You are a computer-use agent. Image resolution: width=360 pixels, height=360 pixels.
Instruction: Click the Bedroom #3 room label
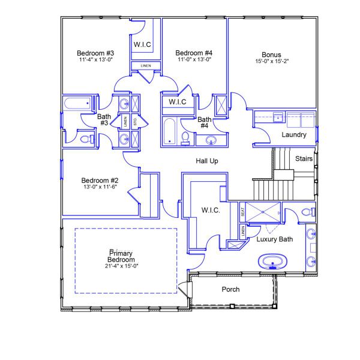pyautogui.click(x=96, y=53)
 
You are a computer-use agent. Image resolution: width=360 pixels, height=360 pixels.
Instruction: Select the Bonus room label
pyautogui.click(x=271, y=55)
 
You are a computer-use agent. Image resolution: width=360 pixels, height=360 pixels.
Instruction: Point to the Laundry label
pyautogui.click(x=294, y=135)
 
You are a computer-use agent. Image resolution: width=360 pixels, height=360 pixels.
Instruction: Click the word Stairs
pyautogui.click(x=304, y=158)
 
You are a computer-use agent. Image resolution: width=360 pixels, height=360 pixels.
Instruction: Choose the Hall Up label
pyautogui.click(x=207, y=161)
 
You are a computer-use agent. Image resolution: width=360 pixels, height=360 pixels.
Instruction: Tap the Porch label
pyautogui.click(x=231, y=289)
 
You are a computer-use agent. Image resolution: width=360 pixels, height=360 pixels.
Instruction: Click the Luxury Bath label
pyautogui.click(x=274, y=239)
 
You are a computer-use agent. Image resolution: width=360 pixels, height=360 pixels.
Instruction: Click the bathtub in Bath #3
pyautogui.click(x=77, y=104)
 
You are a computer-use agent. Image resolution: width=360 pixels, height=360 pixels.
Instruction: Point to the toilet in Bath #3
pyautogui.click(x=85, y=139)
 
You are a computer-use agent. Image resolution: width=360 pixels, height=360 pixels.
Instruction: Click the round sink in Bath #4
pyautogui.click(x=211, y=140)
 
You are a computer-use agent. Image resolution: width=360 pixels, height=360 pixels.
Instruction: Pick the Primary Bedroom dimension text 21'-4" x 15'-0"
pyautogui.click(x=122, y=266)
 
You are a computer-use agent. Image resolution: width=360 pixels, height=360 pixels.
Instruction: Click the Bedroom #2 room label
pyautogui.click(x=100, y=181)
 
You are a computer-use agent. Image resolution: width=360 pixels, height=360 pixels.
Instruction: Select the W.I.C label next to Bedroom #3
pyautogui.click(x=142, y=44)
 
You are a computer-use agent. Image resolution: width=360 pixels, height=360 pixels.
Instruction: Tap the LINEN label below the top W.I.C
pyautogui.click(x=146, y=65)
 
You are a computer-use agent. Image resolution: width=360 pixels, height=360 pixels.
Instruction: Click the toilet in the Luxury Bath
pyautogui.click(x=308, y=212)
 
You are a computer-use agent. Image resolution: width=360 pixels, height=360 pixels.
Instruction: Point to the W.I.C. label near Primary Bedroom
pyautogui.click(x=211, y=211)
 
